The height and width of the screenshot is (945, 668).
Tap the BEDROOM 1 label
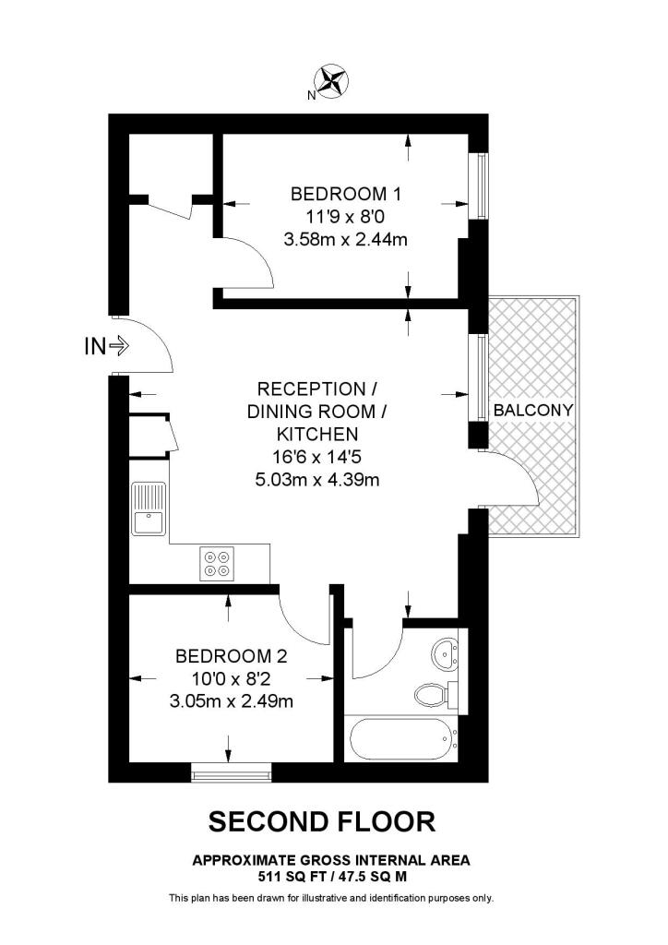coord(346,195)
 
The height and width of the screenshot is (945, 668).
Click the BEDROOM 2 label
coord(232,657)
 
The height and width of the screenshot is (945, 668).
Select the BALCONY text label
coord(533,410)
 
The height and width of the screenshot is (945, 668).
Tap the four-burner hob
coord(218,564)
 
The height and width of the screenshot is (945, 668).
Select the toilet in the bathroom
coord(431,693)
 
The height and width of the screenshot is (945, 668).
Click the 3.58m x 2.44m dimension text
coord(346,240)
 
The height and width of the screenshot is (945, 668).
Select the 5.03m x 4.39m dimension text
coord(318,480)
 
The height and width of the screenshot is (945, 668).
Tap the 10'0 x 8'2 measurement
coord(233,679)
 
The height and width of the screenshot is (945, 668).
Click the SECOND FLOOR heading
coord(321,820)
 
